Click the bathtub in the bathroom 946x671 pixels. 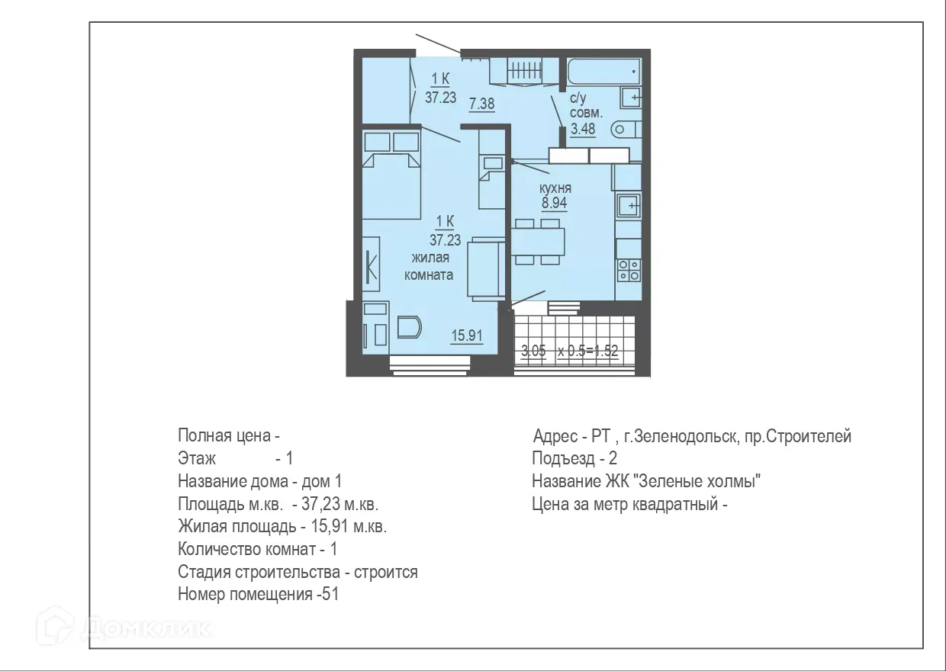tap(603, 72)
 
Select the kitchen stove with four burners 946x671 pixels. tap(629, 269)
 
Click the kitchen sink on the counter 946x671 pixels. tap(629, 205)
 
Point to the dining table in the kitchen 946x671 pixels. tap(538, 242)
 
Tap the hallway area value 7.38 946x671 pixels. tap(482, 104)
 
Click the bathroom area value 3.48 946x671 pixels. tap(583, 128)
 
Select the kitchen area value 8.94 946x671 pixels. tap(555, 203)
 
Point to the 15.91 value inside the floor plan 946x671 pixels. tap(466, 335)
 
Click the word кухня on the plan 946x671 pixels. tap(555, 188)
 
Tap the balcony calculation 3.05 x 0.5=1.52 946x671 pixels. tap(569, 352)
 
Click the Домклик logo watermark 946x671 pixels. tap(130, 628)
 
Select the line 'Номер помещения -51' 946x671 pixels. tap(258, 595)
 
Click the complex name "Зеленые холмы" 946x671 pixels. tap(700, 482)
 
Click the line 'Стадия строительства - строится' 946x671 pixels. tap(298, 572)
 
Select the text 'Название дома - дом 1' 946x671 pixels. tap(259, 482)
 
